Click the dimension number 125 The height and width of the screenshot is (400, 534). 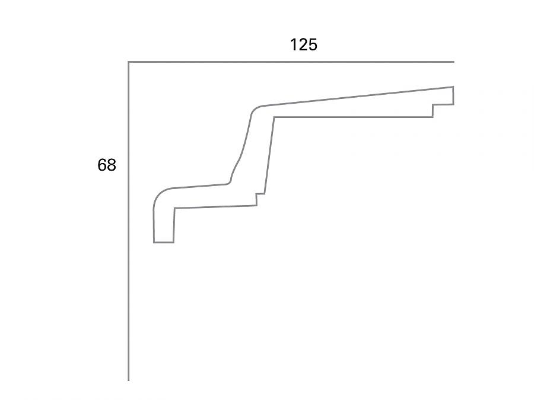tap(303, 44)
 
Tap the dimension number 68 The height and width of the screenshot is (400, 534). tap(107, 165)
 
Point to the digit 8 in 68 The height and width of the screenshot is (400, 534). tap(112, 165)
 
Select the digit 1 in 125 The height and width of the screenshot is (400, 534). tap(294, 44)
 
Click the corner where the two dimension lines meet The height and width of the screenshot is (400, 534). tap(129, 62)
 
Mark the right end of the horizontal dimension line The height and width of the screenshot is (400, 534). tap(453, 62)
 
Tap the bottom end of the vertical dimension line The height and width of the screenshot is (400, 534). tap(129, 380)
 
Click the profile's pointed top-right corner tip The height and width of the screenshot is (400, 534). tap(453, 87)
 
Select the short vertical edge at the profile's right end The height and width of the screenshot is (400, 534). tap(453, 96)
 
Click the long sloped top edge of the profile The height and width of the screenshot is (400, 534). tap(356, 97)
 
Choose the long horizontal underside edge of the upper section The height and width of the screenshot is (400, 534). tap(353, 117)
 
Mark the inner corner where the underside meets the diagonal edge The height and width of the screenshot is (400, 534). tap(274, 117)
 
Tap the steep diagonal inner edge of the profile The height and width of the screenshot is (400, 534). tap(269, 155)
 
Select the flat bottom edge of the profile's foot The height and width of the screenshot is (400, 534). tap(164, 242)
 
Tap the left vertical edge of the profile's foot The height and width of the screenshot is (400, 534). tap(154, 225)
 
